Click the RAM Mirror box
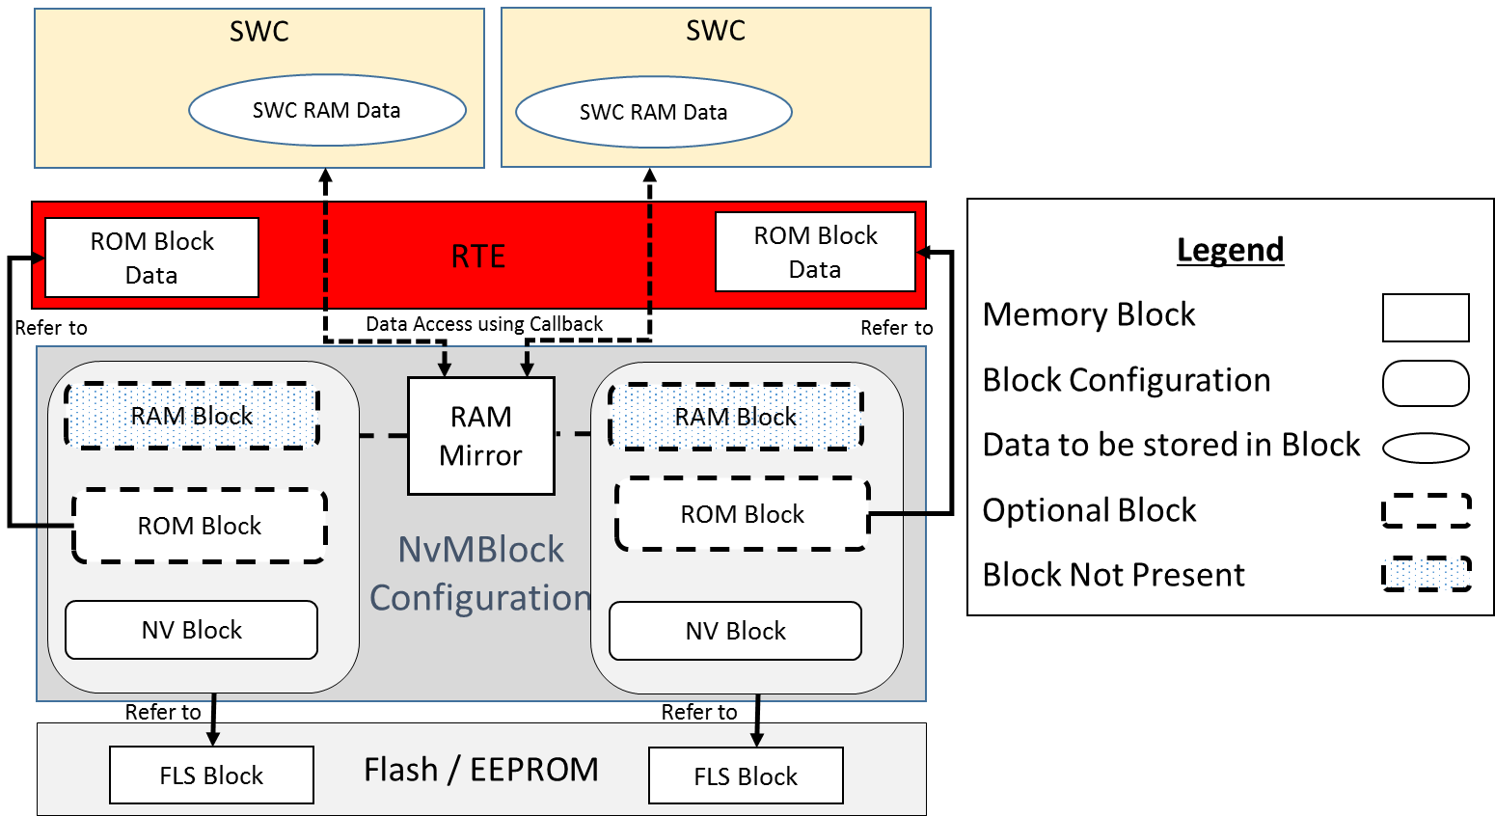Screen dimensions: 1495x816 point(481,436)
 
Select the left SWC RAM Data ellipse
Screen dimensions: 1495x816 point(327,110)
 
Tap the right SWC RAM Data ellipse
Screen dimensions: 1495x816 point(653,112)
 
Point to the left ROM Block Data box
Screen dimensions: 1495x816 point(151,258)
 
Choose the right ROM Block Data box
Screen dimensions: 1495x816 point(815,252)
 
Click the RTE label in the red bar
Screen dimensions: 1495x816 point(478,257)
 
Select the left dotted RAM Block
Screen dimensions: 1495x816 point(192,416)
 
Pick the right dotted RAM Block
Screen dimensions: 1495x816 point(736,417)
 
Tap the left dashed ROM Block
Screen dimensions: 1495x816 point(200,526)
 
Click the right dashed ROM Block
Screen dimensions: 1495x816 point(742,514)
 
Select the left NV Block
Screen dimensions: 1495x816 point(192,630)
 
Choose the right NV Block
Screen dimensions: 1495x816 point(736,631)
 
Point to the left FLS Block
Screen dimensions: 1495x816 point(211,775)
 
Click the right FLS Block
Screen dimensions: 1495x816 point(746,775)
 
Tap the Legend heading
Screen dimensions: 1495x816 point(1230,250)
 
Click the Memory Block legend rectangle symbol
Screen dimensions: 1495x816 point(1426,317)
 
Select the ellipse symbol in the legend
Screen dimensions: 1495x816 point(1426,448)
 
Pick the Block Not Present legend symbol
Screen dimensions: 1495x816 point(1427,574)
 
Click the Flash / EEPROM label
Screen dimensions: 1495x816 point(481,770)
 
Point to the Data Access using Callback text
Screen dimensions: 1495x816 point(484,324)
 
